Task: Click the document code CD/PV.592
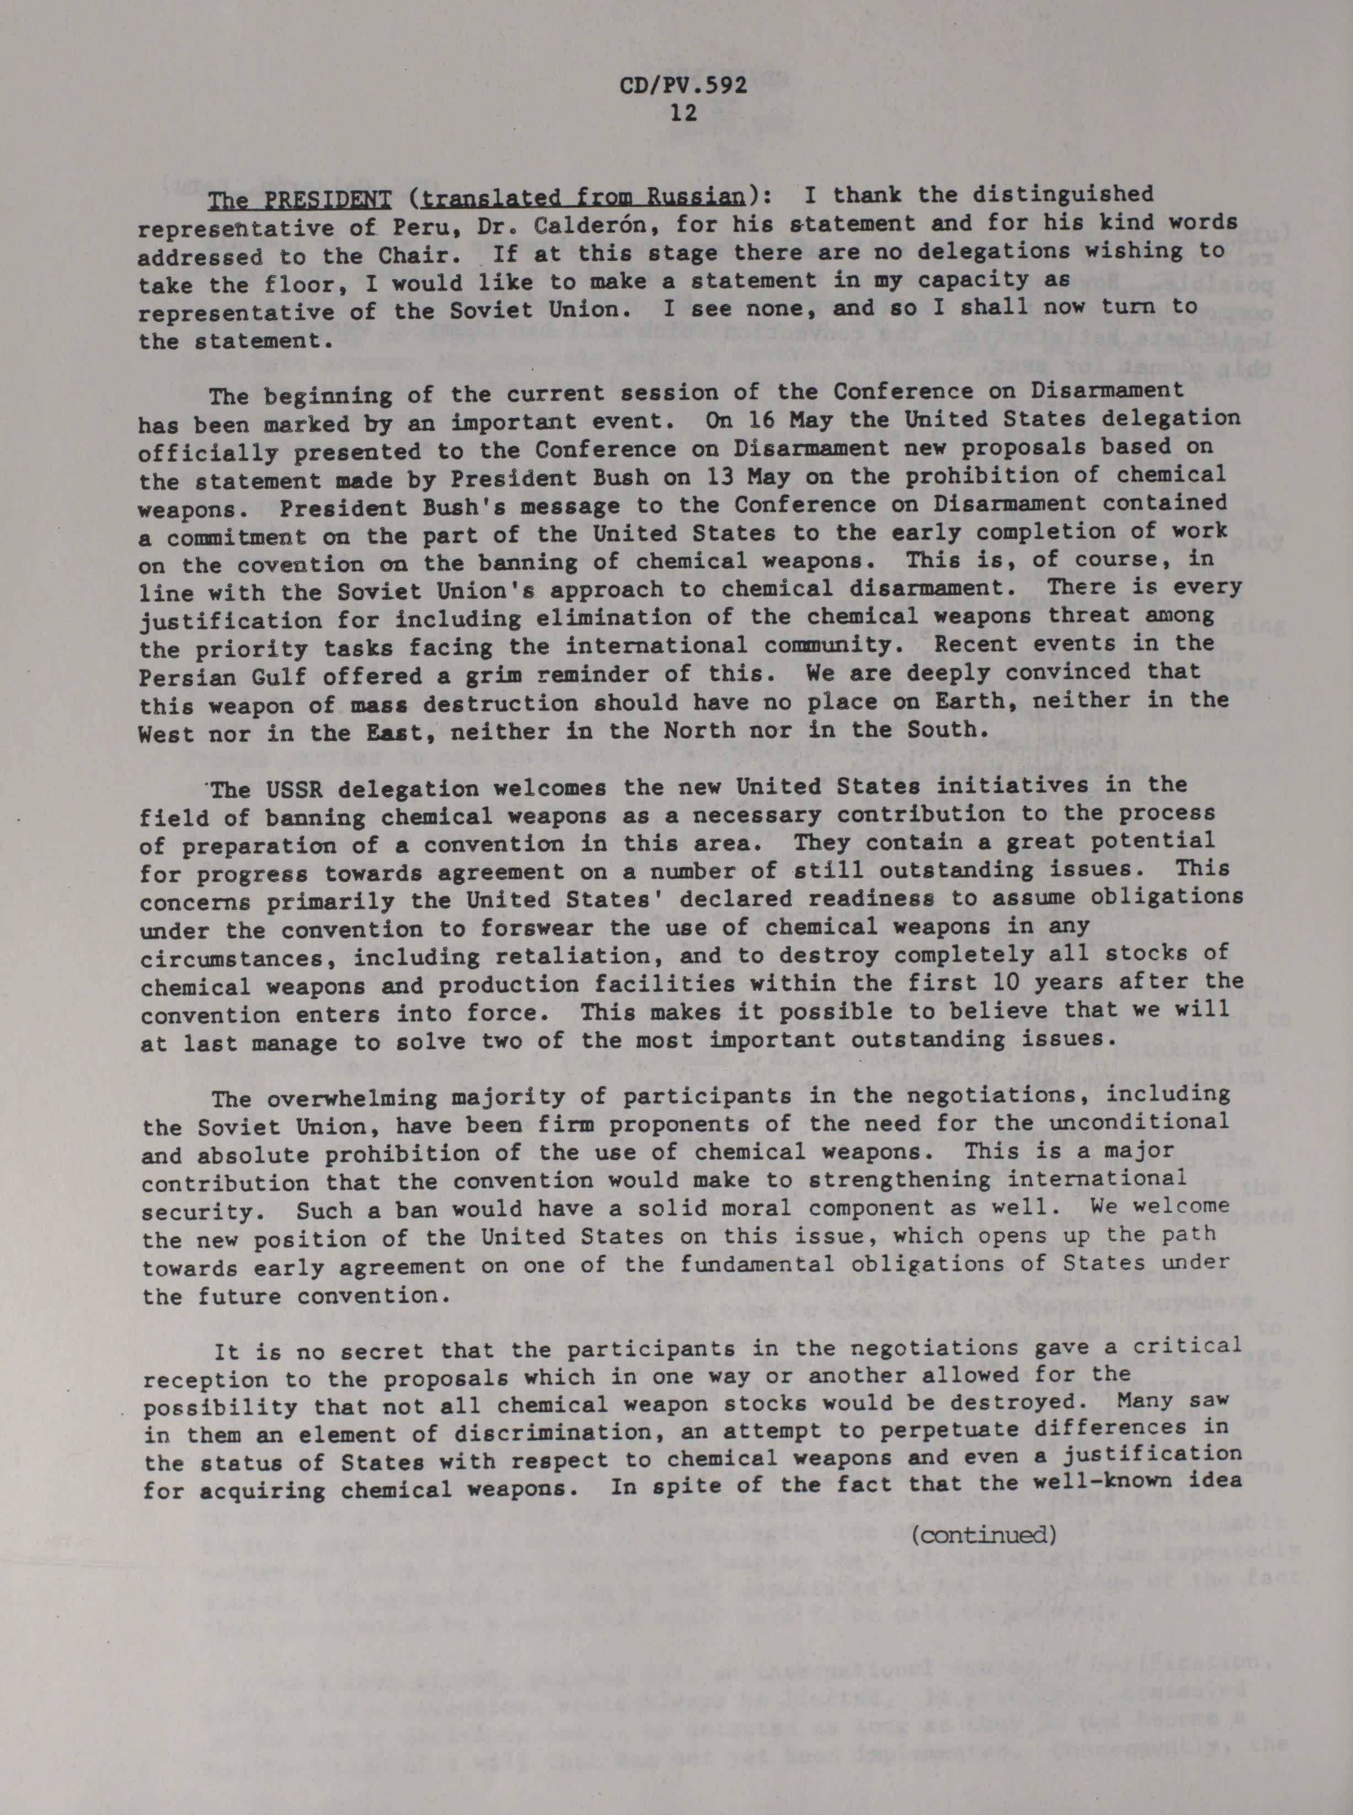pyautogui.click(x=682, y=86)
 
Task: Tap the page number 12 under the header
pyautogui.click(x=683, y=113)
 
